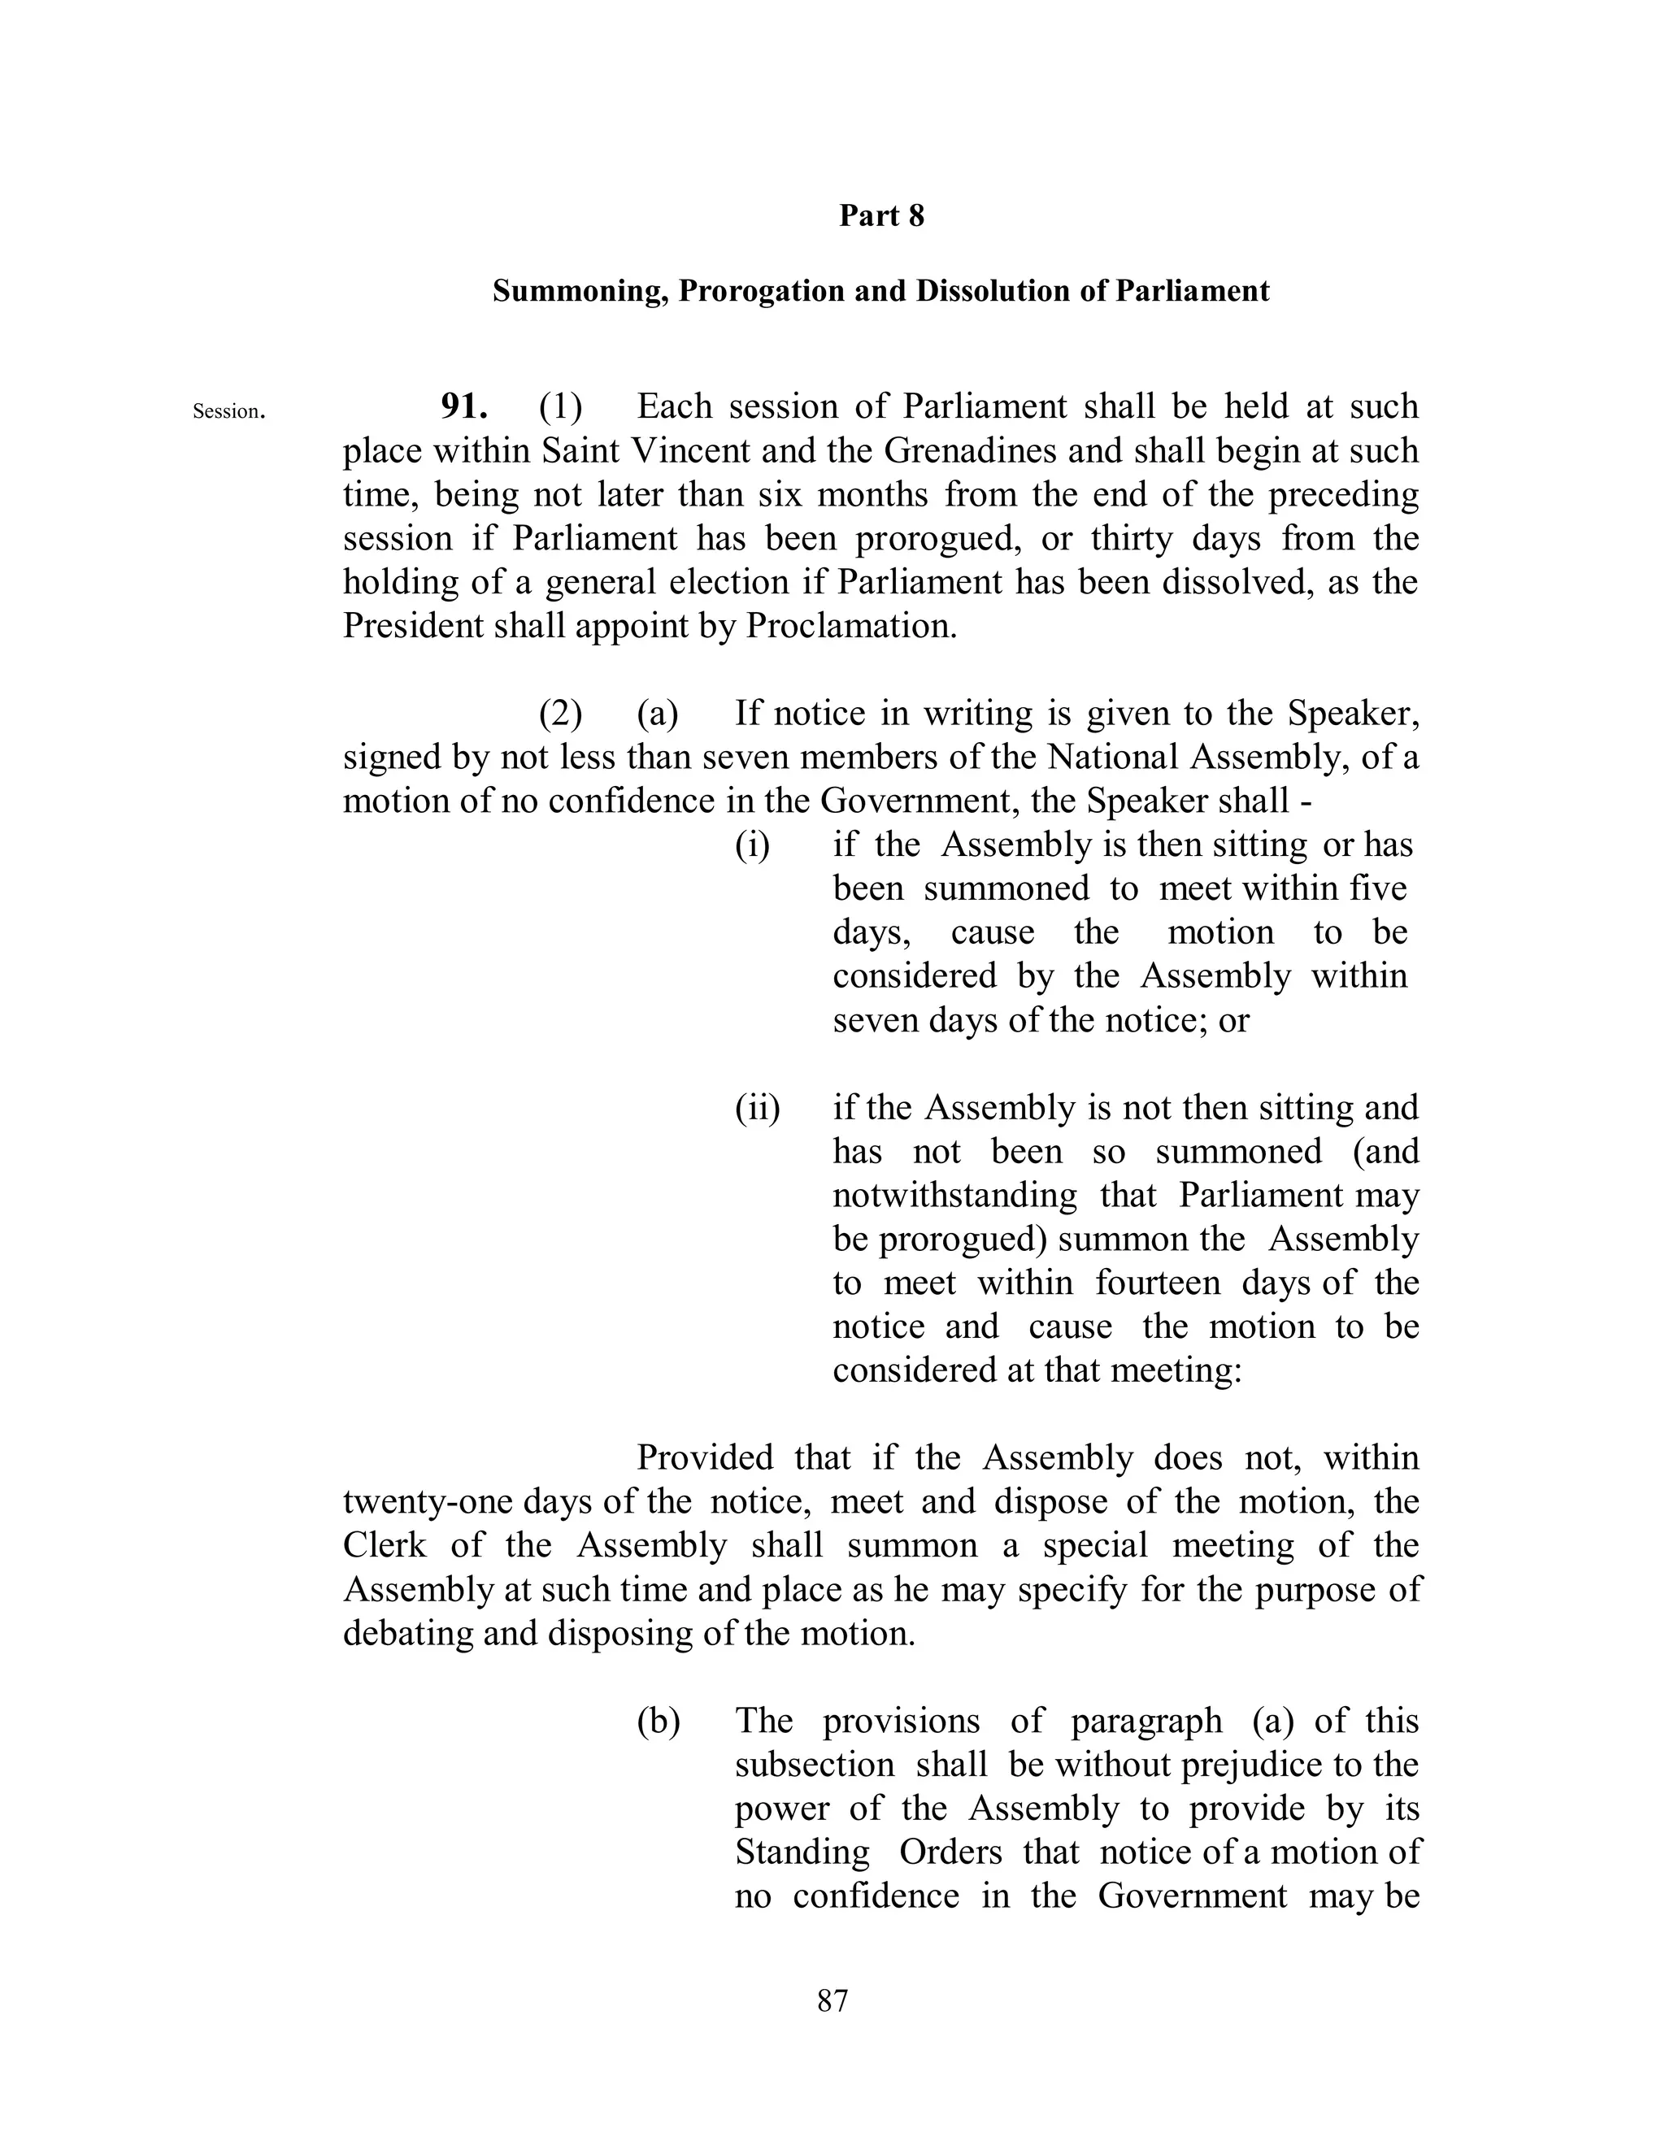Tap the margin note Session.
[228, 411]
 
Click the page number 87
[832, 2000]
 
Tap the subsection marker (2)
[560, 714]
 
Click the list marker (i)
[753, 845]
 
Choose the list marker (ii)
[758, 1109]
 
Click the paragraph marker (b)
[659, 1721]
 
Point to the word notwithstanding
[954, 1196]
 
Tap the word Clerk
[385, 1545]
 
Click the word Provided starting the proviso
[705, 1457]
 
